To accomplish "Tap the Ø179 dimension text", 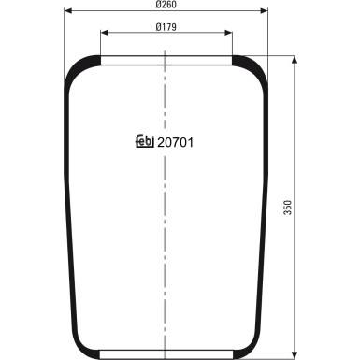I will point(167,25).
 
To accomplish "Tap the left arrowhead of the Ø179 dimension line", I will point(103,33).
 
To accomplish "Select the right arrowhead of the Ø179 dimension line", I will point(230,33).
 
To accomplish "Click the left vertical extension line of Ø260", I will point(64,42).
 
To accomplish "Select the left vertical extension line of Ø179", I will point(99,47).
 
